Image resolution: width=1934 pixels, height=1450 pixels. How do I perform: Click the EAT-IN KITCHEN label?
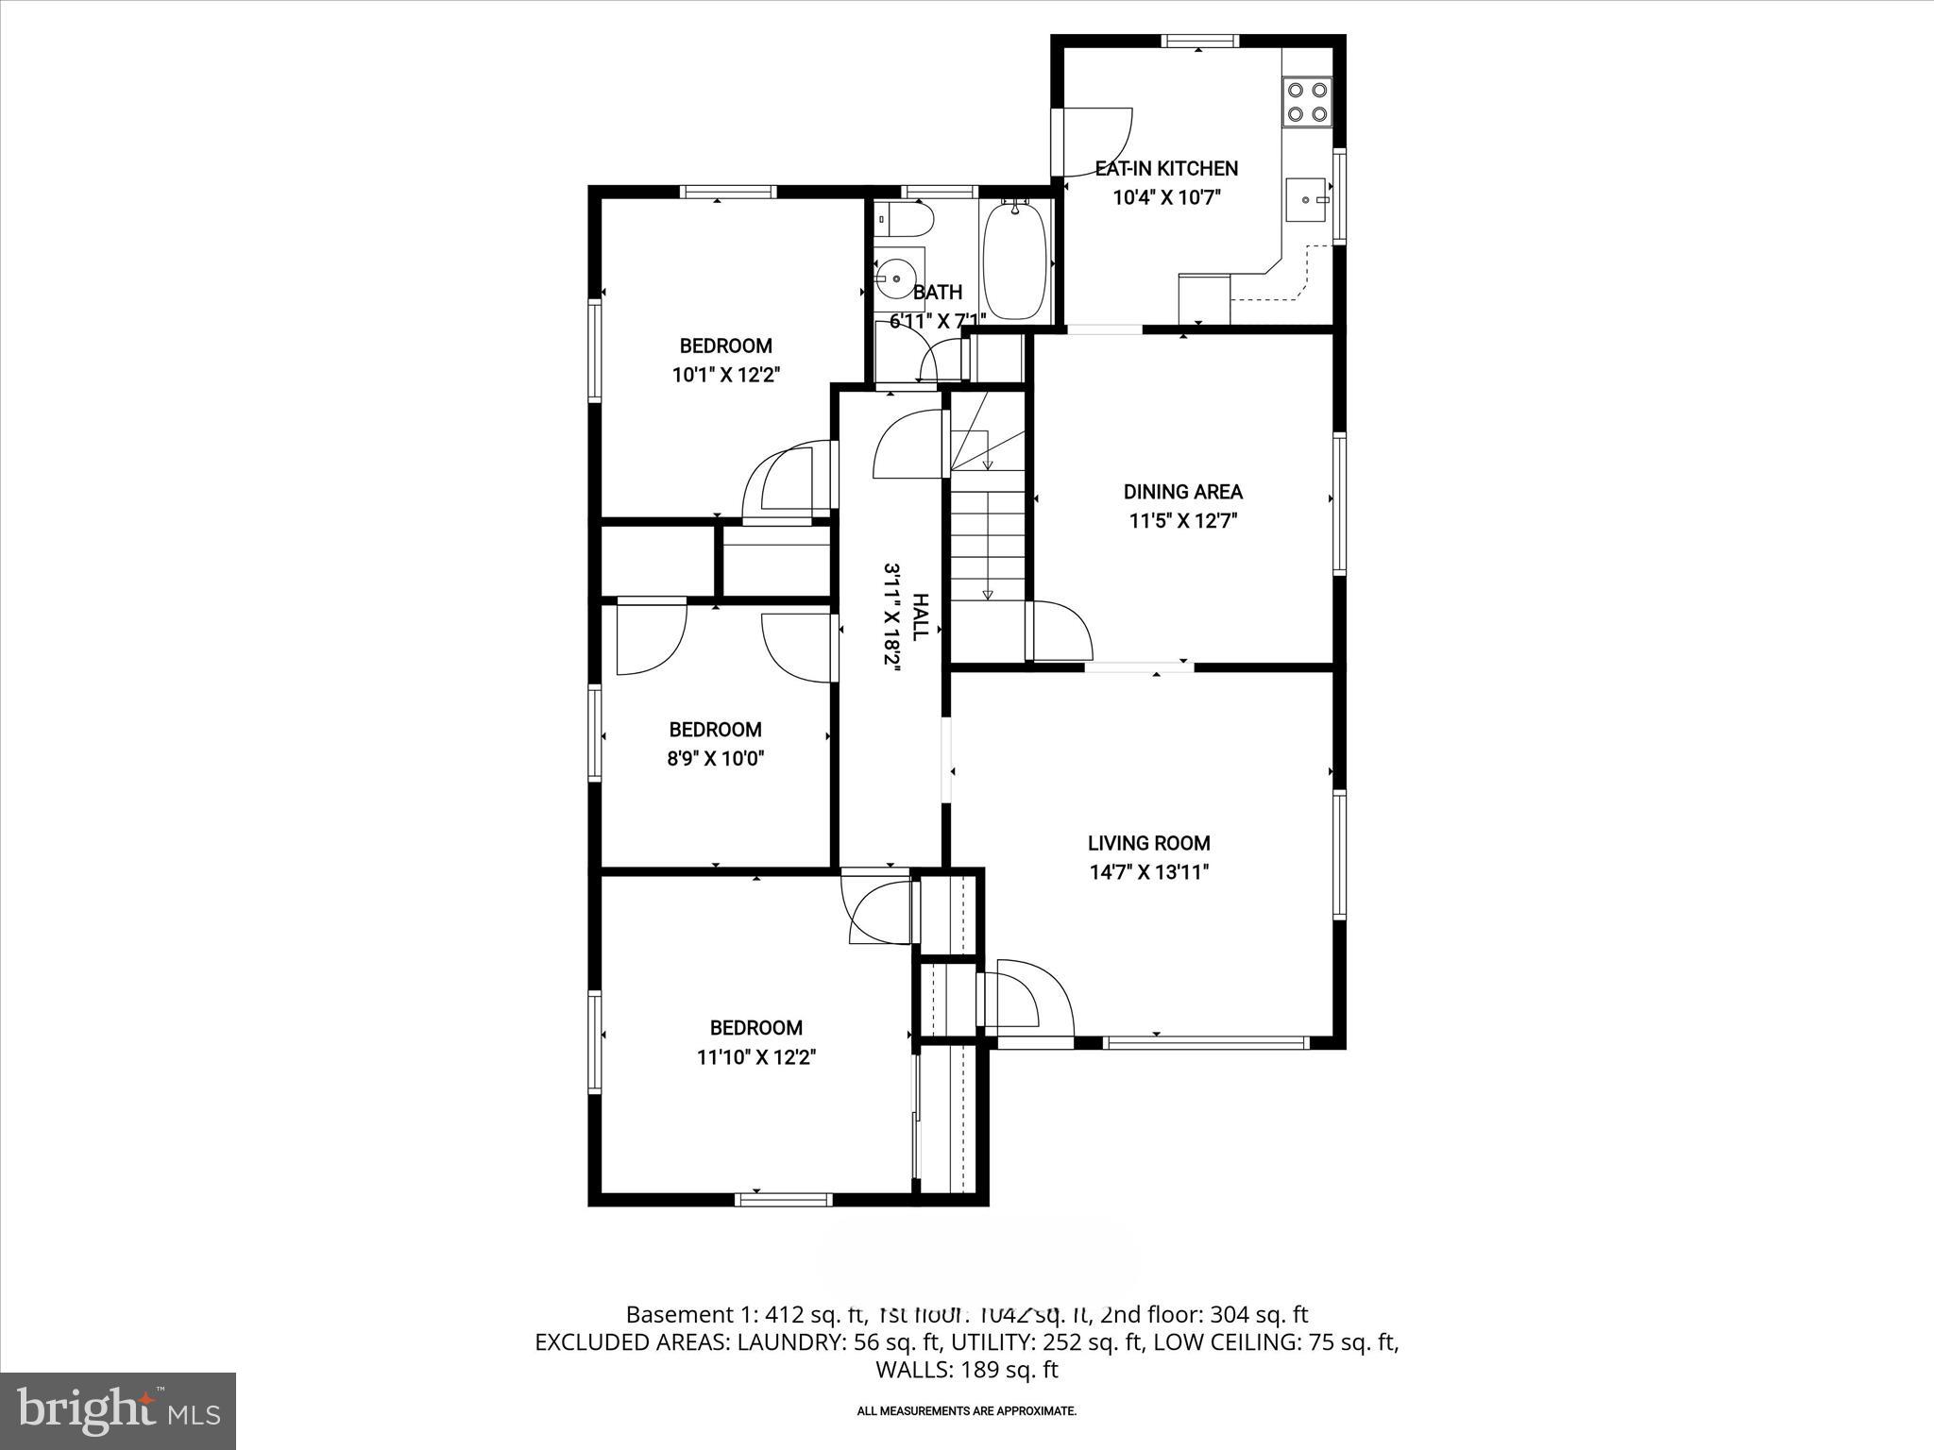(1166, 169)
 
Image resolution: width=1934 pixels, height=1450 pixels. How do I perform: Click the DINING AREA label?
(1182, 492)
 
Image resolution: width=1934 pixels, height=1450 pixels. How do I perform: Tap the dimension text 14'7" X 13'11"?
(1148, 871)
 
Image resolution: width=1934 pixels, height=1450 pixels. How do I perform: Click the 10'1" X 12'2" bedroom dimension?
(725, 375)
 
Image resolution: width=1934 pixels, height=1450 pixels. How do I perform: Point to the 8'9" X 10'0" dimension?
(715, 758)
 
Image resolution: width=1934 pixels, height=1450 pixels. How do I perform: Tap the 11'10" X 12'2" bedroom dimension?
(755, 1056)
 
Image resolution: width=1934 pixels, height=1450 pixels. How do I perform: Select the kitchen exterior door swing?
(1095, 142)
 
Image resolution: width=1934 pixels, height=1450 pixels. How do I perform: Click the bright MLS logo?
(118, 1410)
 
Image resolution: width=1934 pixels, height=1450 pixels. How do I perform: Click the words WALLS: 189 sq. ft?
(966, 1370)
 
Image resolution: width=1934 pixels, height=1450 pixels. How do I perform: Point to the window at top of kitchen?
(1198, 41)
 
